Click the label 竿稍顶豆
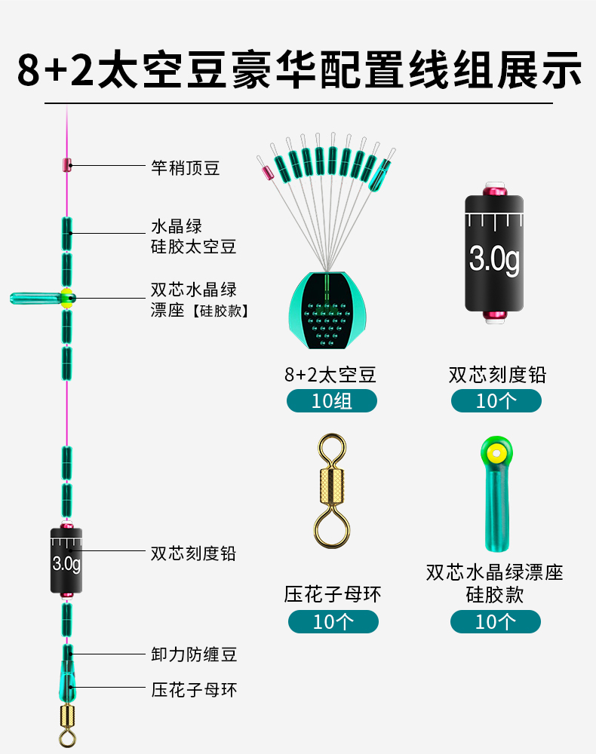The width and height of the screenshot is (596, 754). pyautogui.click(x=186, y=167)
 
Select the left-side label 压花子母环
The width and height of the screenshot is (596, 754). pyautogui.click(x=194, y=688)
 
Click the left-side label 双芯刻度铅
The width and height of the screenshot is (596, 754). pyautogui.click(x=193, y=553)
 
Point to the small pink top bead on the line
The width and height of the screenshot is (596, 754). pyautogui.click(x=66, y=165)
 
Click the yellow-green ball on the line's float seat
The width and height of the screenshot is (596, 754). pyautogui.click(x=67, y=298)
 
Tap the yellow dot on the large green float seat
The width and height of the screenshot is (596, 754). pyautogui.click(x=496, y=453)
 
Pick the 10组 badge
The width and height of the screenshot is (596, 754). pyautogui.click(x=331, y=400)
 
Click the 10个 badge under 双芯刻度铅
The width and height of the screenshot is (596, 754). pyautogui.click(x=496, y=400)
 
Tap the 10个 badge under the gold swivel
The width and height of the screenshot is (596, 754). pyautogui.click(x=333, y=621)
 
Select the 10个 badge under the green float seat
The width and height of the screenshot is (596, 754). pyautogui.click(x=495, y=621)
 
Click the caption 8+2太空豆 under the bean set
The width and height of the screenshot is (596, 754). pyautogui.click(x=330, y=374)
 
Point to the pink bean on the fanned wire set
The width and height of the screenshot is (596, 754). pyautogui.click(x=266, y=172)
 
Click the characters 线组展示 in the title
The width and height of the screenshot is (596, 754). pyautogui.click(x=496, y=71)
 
